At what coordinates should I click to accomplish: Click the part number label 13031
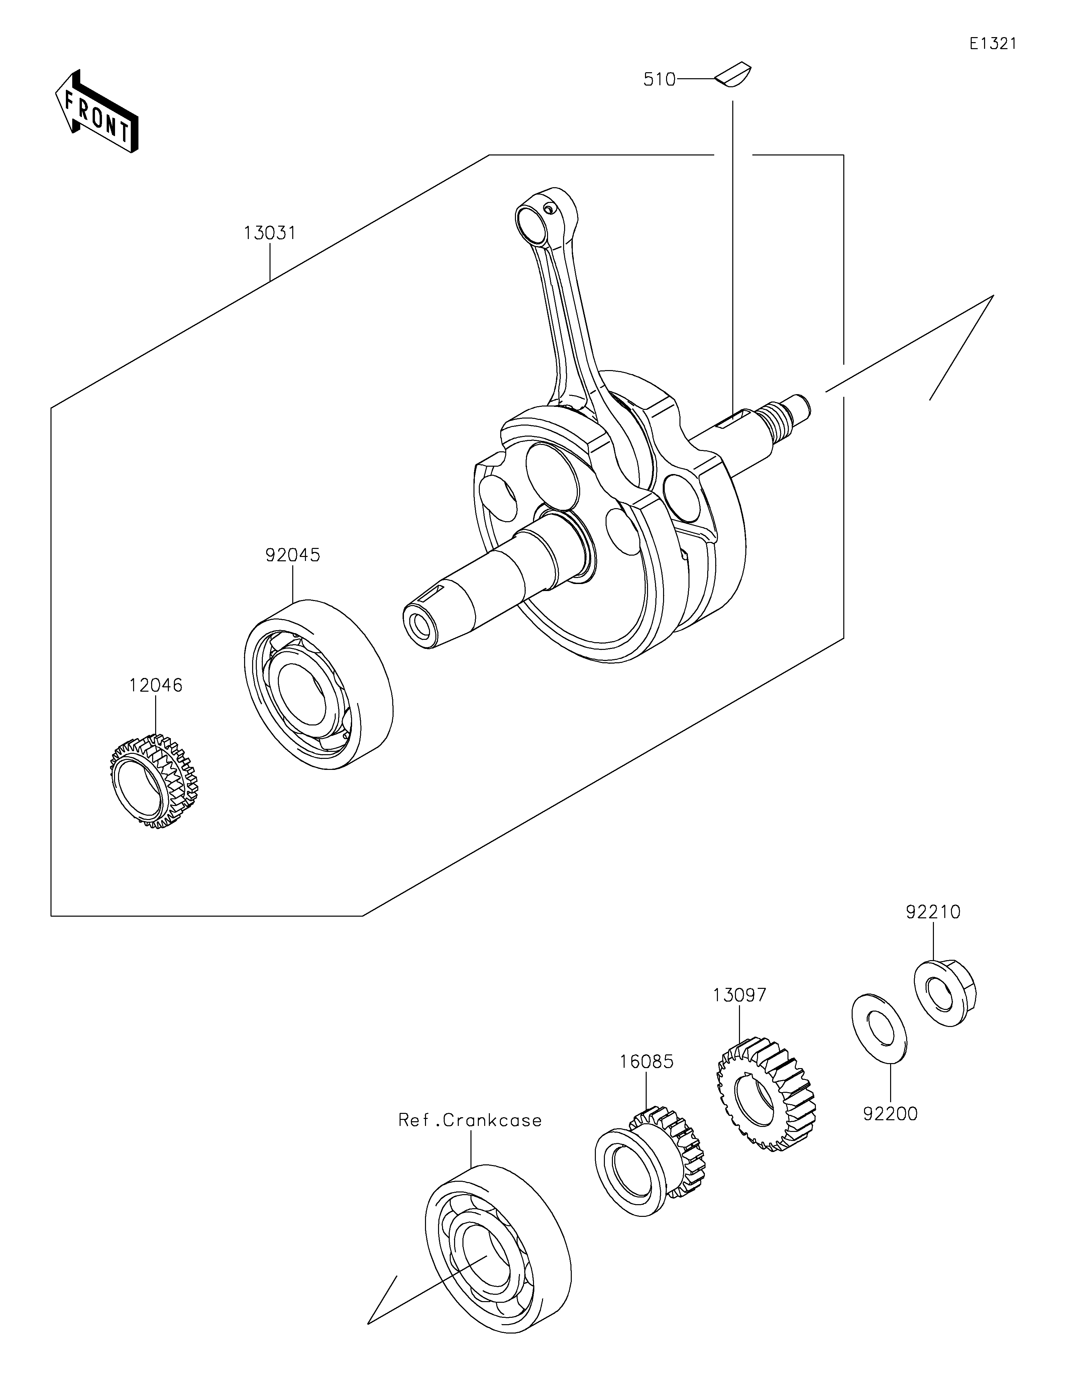click(270, 233)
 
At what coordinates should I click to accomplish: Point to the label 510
click(659, 80)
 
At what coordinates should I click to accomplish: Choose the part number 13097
click(739, 995)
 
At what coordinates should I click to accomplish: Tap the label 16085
click(646, 1061)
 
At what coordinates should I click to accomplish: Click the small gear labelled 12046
click(154, 782)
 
